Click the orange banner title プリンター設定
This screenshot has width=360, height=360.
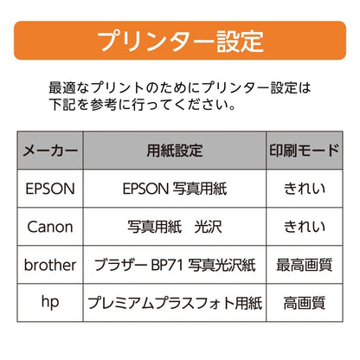[x=180, y=41]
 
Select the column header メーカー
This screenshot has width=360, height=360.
[x=50, y=151]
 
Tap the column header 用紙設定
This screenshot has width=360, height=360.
[x=175, y=151]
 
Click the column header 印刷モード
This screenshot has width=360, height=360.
[x=305, y=151]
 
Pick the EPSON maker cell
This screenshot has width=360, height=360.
[x=50, y=189]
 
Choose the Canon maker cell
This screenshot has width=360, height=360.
[x=50, y=227]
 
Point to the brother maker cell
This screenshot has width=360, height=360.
[x=50, y=265]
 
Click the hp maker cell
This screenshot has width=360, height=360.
[x=50, y=302]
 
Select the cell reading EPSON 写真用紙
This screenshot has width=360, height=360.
[x=175, y=189]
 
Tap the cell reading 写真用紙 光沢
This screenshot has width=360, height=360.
[x=175, y=227]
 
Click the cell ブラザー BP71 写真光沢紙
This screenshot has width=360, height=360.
[x=175, y=265]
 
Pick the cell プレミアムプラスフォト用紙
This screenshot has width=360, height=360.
[x=175, y=303]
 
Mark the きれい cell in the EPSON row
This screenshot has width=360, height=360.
[x=305, y=189]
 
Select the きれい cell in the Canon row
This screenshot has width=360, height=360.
[x=305, y=227]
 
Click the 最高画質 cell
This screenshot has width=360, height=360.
[x=305, y=265]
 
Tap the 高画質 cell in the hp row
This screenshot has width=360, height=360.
[x=305, y=303]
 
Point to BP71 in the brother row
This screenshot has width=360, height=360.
[x=167, y=265]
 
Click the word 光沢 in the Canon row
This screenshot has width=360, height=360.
[x=209, y=227]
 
